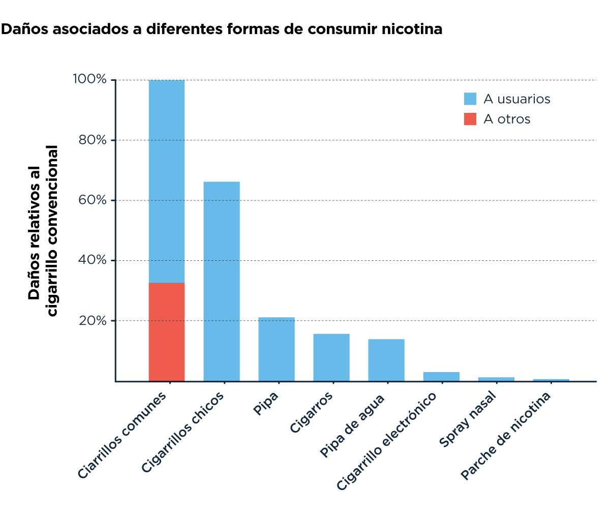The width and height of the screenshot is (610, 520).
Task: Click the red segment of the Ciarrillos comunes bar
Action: [166, 331]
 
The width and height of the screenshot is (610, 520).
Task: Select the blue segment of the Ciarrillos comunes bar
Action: [166, 181]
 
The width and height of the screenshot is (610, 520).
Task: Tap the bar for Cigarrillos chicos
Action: [221, 281]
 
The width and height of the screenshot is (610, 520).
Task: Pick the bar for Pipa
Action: [276, 349]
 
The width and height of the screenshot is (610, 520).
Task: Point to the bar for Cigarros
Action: [331, 357]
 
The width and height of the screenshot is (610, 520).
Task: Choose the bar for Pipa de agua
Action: [386, 360]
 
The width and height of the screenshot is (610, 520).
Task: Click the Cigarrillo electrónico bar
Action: [441, 376]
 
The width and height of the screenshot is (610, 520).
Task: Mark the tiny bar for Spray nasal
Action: [496, 379]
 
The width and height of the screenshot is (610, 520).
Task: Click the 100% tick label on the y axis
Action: [90, 80]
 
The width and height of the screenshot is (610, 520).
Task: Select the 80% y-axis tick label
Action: [93, 140]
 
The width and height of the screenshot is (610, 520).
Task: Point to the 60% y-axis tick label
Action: [93, 200]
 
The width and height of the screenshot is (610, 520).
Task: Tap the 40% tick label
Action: [93, 260]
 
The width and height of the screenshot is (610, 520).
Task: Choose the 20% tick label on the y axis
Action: [93, 321]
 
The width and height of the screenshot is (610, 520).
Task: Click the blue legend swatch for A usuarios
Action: [470, 99]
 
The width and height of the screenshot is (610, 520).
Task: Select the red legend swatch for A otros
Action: [470, 119]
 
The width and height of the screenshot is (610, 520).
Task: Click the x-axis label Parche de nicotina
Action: [506, 436]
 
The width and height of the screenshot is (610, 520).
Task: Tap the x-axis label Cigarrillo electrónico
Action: [387, 441]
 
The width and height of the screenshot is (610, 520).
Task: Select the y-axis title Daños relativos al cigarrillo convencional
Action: [43, 231]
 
